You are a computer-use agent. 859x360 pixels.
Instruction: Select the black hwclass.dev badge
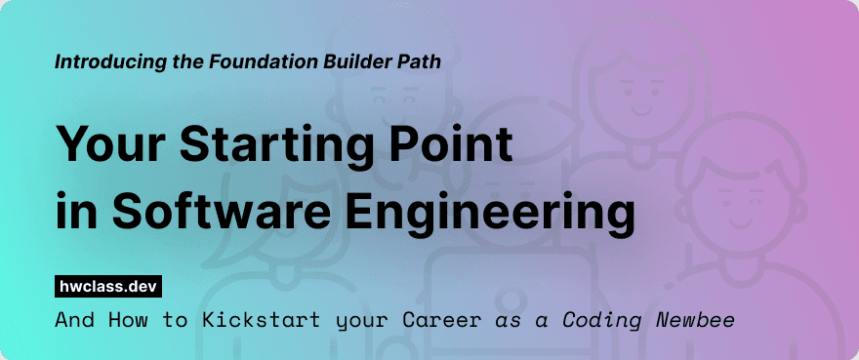[x=107, y=286]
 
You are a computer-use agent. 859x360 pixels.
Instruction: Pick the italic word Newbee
[x=699, y=320]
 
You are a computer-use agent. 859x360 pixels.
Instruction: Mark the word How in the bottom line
[x=118, y=320]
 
